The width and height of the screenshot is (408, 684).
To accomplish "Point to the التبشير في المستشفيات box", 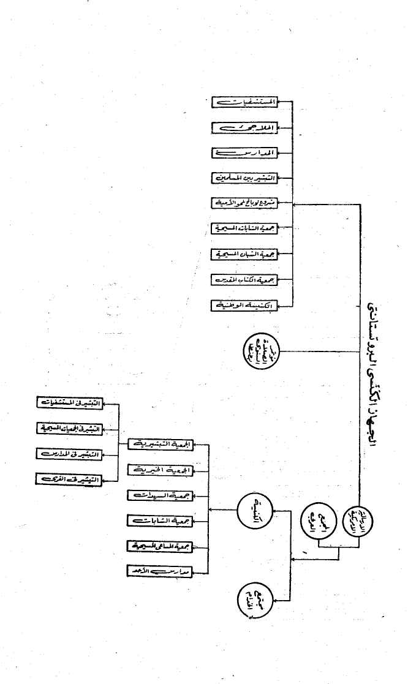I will click(x=69, y=402).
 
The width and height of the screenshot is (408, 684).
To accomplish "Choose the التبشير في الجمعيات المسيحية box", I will click(x=69, y=428).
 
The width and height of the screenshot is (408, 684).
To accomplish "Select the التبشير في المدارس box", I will click(x=69, y=453).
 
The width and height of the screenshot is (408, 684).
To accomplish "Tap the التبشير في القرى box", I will click(x=69, y=478).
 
